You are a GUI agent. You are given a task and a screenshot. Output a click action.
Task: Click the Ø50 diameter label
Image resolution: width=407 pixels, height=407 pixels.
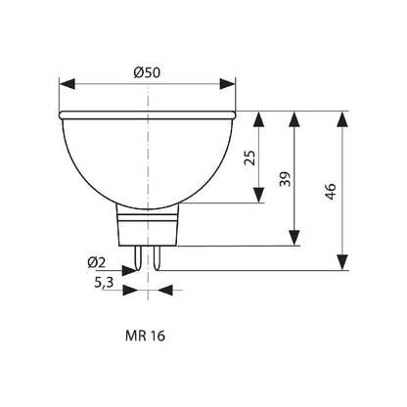tap(148, 70)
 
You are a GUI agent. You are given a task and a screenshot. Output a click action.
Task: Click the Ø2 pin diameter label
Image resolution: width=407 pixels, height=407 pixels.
tap(96, 262)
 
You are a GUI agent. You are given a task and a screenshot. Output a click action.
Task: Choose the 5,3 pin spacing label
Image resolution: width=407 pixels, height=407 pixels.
tap(104, 283)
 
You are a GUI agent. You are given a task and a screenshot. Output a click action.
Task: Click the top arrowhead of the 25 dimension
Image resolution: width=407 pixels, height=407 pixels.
tap(259, 118)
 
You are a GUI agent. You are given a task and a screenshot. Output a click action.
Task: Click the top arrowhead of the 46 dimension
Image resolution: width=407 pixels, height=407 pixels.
tap(341, 118)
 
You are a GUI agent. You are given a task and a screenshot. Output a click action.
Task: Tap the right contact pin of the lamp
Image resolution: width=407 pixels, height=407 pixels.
tap(153, 253)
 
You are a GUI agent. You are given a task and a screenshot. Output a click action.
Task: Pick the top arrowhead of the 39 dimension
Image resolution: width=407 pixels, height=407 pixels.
tap(293, 118)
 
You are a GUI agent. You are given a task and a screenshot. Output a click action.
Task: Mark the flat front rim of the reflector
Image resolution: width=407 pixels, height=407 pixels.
tap(147, 114)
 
